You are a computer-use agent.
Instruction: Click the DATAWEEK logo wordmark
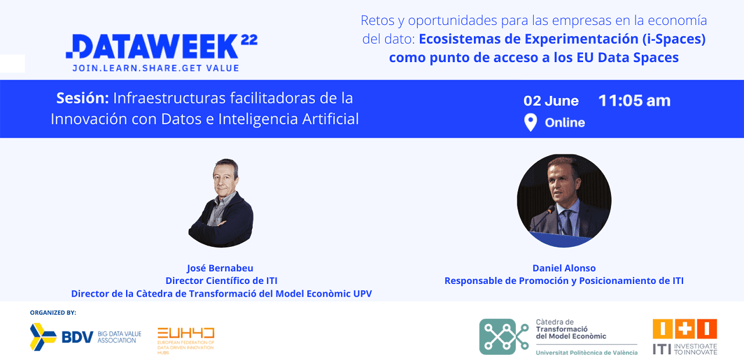[152, 46]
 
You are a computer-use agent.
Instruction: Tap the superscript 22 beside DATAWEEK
[249, 40]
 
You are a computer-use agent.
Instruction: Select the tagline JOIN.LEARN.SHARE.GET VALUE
[156, 68]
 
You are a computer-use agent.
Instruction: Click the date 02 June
[551, 100]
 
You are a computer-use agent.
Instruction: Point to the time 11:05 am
[634, 100]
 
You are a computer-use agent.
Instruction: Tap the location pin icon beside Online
[530, 123]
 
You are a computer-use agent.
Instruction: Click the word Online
[565, 123]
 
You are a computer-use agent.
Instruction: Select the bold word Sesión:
[82, 98]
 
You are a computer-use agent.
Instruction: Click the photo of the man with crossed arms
[221, 203]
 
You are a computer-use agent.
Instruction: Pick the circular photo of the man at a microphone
[564, 200]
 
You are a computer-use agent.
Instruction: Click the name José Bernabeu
[220, 268]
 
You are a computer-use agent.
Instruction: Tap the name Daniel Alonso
[564, 268]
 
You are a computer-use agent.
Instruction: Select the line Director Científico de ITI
[221, 280]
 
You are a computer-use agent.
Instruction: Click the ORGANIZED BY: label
[53, 312]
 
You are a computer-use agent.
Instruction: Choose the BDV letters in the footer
[77, 337]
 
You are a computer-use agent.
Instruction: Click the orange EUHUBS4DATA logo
[186, 340]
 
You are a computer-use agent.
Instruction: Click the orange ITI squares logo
[685, 329]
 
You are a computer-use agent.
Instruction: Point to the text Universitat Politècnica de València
[587, 352]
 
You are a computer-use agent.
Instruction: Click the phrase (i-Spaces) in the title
[674, 39]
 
